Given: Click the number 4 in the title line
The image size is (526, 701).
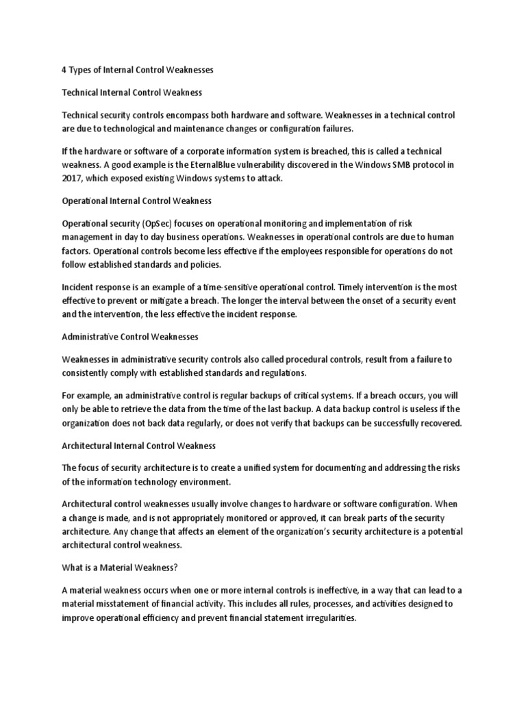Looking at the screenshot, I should point(64,70).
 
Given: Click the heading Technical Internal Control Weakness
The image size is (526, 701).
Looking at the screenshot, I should point(132,91).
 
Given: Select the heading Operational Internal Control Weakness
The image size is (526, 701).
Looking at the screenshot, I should point(137,201).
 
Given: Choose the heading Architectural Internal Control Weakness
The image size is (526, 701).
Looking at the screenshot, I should point(139,446).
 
